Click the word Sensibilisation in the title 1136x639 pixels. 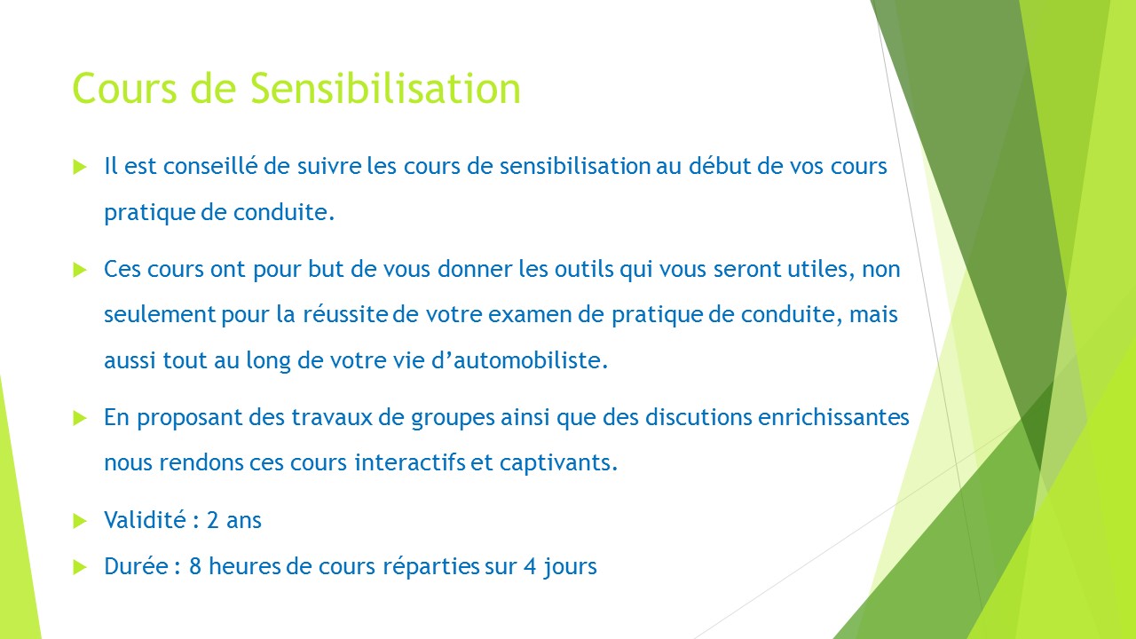[385, 88]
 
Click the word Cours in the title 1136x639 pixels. [125, 88]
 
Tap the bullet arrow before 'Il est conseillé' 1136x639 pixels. [80, 167]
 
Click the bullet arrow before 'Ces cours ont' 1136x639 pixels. [80, 270]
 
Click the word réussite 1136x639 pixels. [345, 314]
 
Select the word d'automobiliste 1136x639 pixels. [519, 360]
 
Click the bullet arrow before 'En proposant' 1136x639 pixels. [80, 418]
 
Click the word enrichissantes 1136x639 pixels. [833, 417]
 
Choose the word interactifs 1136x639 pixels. [410, 462]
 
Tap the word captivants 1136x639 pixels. [558, 463]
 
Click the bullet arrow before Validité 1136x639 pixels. [80, 521]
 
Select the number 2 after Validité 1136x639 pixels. [212, 520]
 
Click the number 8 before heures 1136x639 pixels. [195, 566]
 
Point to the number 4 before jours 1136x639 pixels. [530, 566]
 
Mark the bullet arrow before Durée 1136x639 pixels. [80, 567]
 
